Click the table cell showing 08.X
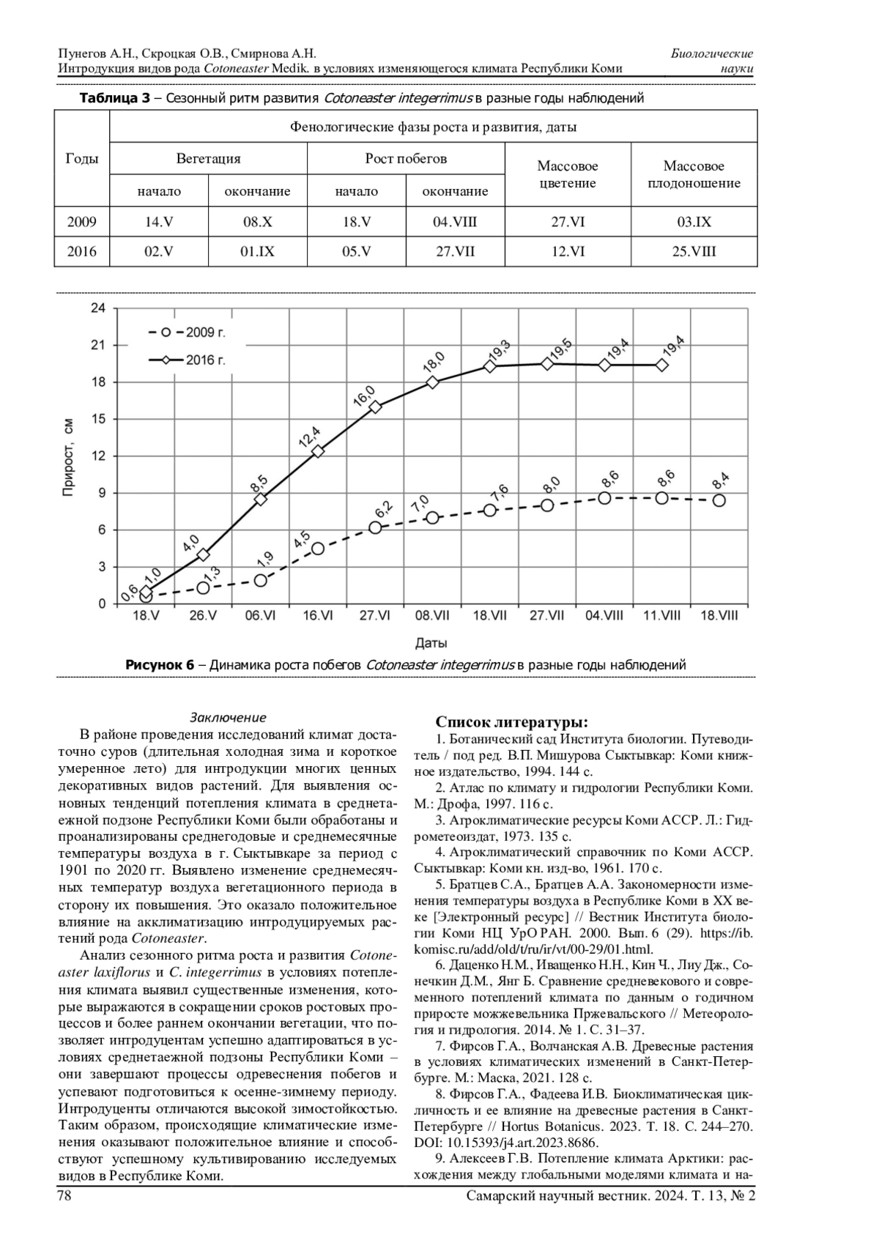(x=257, y=222)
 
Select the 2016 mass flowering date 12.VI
(x=568, y=251)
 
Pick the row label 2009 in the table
(x=82, y=222)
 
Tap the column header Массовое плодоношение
(x=694, y=175)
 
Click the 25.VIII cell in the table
(x=694, y=251)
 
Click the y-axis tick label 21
(x=98, y=345)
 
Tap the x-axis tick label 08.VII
(x=432, y=616)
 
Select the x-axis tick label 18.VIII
(x=719, y=616)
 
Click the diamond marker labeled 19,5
(x=547, y=363)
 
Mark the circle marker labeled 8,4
(x=719, y=500)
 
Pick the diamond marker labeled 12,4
(x=318, y=451)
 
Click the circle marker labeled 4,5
(x=318, y=549)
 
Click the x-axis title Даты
(x=431, y=643)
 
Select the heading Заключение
(x=228, y=717)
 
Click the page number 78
(x=64, y=1195)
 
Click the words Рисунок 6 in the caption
(x=160, y=665)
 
